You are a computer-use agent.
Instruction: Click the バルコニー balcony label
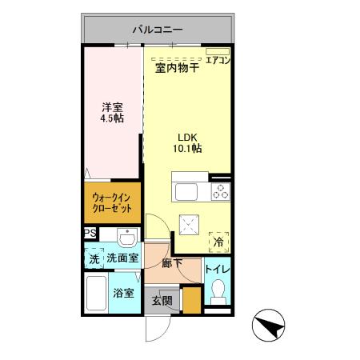click(x=158, y=30)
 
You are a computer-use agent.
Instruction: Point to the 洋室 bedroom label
click(x=112, y=106)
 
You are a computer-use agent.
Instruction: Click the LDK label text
click(x=186, y=135)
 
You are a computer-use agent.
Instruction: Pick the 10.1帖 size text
click(x=186, y=148)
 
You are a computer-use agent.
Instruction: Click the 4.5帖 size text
click(x=112, y=118)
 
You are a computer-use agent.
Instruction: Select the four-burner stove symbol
click(x=219, y=193)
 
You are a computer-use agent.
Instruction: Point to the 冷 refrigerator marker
click(x=218, y=240)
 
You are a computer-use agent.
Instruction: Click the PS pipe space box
click(x=90, y=234)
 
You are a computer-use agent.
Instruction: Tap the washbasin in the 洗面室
click(x=126, y=238)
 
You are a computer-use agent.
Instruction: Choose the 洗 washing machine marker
click(x=94, y=258)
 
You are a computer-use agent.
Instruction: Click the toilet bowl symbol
click(x=217, y=298)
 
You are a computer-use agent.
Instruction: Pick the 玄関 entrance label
click(x=162, y=302)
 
